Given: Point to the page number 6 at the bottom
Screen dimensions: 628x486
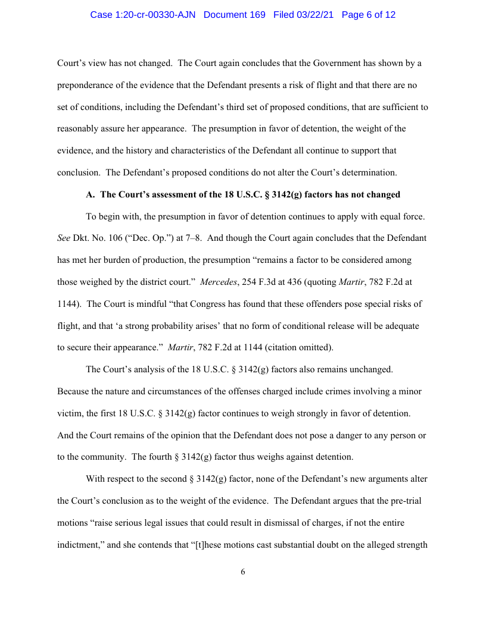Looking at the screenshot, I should click(x=243, y=572).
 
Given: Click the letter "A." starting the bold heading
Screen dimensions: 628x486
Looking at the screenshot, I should click(x=91, y=194).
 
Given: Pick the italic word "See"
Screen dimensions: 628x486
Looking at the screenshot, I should click(x=64, y=238).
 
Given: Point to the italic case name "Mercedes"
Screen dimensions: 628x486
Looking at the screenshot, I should click(x=217, y=282).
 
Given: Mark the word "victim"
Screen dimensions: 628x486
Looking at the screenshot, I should click(x=70, y=413).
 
